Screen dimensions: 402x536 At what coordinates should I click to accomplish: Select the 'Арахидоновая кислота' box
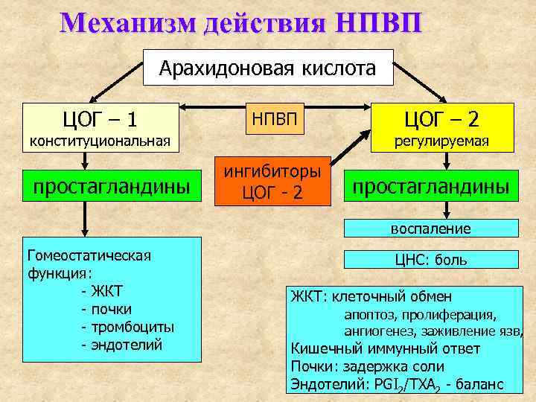(268, 69)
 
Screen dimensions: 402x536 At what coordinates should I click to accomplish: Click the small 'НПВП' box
(273, 119)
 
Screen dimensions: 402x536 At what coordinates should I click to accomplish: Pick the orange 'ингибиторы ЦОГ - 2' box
(272, 180)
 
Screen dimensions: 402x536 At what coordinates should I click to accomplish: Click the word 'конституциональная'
(100, 141)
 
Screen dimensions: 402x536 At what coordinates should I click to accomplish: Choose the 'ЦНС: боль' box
(431, 260)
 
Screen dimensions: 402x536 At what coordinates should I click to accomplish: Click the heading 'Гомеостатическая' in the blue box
(89, 255)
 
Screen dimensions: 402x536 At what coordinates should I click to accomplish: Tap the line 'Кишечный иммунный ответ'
(385, 348)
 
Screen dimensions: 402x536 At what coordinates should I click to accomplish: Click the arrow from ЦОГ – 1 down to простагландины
(87, 160)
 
